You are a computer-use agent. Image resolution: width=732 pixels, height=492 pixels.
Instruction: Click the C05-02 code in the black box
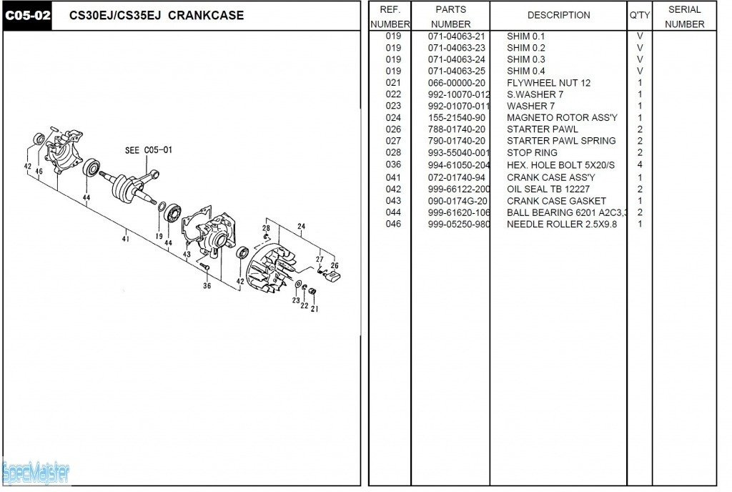point(27,15)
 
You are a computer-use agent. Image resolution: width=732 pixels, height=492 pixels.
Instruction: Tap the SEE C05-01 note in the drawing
point(149,150)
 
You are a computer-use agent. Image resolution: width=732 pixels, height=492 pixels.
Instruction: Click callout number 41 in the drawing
point(125,239)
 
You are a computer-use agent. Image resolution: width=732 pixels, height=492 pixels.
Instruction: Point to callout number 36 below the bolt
point(207,286)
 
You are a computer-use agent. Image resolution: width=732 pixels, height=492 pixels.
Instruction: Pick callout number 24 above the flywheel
point(302,227)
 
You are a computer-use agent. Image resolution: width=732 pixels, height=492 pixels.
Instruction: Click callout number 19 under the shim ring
point(159,236)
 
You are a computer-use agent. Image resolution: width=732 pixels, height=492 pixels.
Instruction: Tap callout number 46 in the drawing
point(39,172)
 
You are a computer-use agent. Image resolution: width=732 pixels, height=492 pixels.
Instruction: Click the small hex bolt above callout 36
point(203,267)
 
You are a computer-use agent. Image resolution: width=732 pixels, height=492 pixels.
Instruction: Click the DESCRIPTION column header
point(558,15)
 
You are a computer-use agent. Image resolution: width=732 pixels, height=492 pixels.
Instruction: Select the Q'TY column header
point(639,15)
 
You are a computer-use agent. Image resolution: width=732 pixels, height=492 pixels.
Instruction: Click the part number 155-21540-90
point(456,118)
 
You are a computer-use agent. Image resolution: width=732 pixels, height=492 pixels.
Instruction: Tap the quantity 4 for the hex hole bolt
point(640,164)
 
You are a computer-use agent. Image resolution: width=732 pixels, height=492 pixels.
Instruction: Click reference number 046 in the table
point(393,224)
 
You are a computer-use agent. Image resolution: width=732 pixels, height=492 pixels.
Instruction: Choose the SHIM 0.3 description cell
point(525,59)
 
